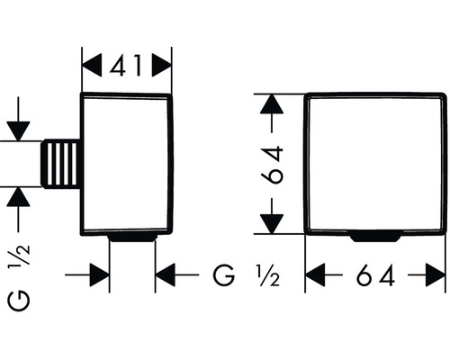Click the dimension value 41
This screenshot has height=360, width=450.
click(125, 66)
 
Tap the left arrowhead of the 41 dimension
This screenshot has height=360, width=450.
click(92, 66)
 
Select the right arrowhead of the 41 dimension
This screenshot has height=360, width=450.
click(162, 66)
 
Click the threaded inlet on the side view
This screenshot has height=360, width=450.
click(61, 164)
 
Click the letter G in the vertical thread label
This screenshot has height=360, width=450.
click(19, 301)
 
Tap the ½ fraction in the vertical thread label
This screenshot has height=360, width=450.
click(22, 255)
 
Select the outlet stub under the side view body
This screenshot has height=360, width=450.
click(132, 238)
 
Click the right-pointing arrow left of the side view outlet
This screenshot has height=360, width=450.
click(87, 274)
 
